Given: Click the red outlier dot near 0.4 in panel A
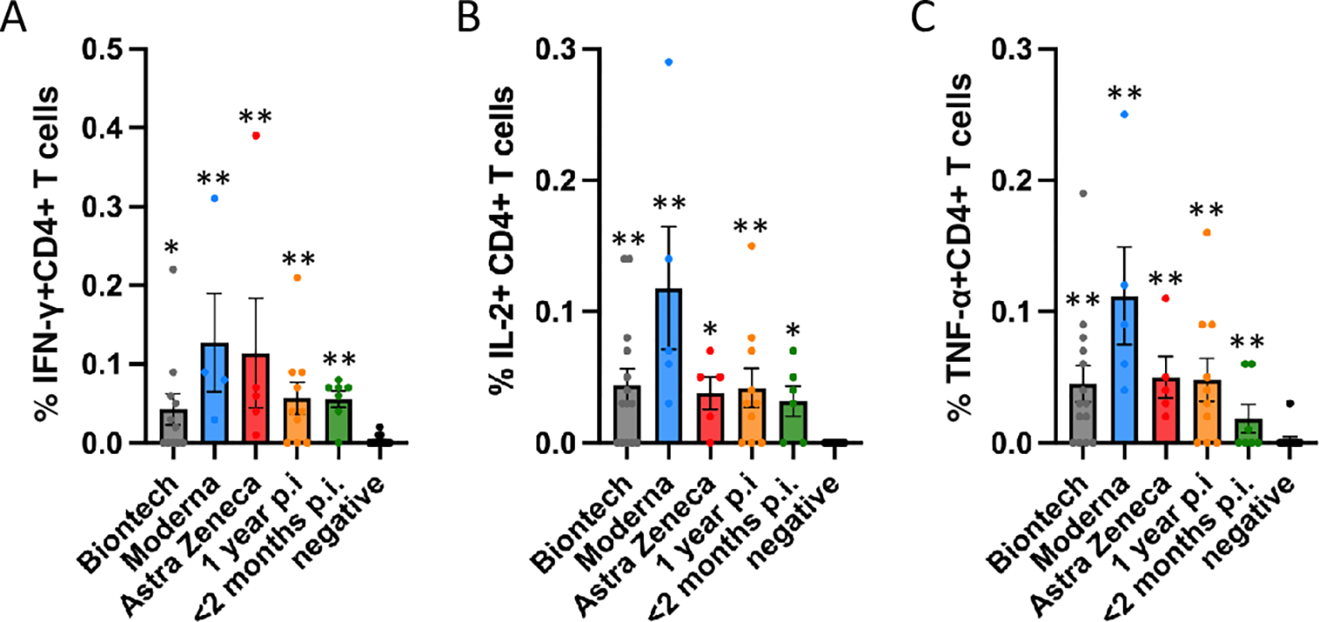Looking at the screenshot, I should (x=256, y=135).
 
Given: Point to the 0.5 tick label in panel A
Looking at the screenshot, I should (x=104, y=49).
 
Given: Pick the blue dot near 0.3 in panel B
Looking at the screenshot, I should (x=669, y=62).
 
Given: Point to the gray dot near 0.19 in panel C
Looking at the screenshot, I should (x=1082, y=194).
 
